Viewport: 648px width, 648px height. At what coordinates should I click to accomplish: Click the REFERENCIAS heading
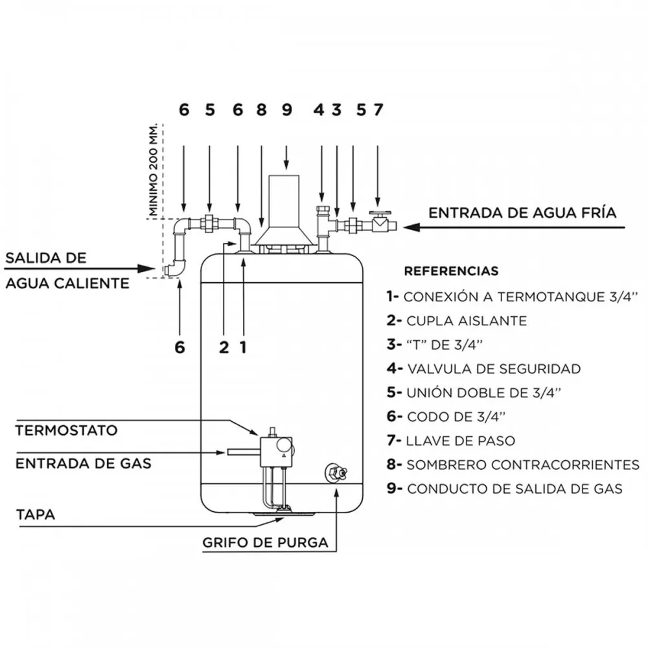tap(451, 271)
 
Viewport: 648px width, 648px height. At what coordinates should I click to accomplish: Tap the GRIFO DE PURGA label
tap(265, 542)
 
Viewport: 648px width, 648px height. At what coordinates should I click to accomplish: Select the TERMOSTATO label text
tap(67, 430)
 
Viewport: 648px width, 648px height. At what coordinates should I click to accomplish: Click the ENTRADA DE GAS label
tap(84, 463)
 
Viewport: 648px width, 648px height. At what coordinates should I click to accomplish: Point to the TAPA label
tap(36, 515)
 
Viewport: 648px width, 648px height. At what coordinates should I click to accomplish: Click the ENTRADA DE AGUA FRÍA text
tap(522, 213)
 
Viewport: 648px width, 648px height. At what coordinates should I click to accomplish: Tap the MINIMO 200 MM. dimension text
tap(154, 169)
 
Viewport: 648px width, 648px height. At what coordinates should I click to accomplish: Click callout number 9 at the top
tap(287, 110)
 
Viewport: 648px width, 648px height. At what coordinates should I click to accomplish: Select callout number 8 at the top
tap(262, 110)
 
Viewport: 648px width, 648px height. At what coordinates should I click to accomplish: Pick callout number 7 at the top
tap(378, 110)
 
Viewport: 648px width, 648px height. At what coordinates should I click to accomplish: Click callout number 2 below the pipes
tap(224, 347)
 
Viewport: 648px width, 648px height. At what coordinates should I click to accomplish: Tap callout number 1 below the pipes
tap(244, 347)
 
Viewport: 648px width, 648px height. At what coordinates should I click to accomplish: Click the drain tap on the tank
tap(336, 472)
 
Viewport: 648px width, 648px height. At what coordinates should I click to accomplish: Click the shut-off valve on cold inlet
tap(381, 222)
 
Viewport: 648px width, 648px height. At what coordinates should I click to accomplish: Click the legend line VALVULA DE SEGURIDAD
tap(484, 369)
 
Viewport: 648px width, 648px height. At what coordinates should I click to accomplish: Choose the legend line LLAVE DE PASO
tap(451, 441)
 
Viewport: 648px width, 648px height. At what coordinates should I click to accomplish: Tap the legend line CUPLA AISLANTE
tap(457, 321)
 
